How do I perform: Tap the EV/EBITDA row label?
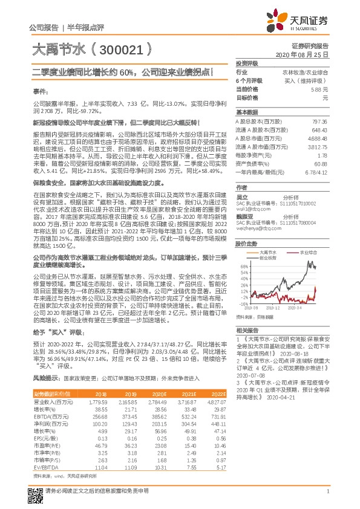click(46, 468)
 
